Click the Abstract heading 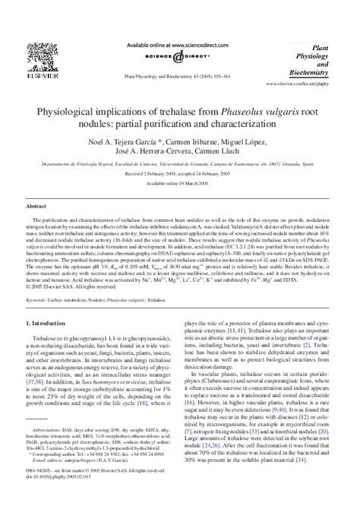37,206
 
